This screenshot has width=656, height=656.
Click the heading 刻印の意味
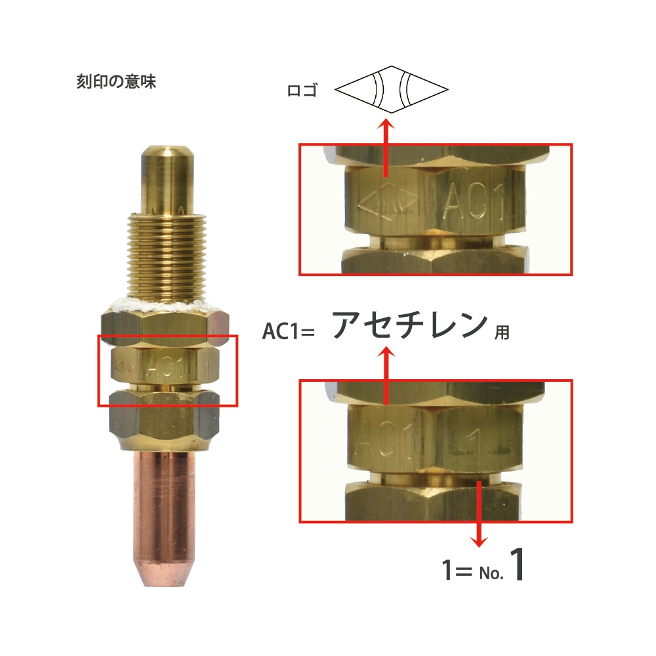(x=116, y=81)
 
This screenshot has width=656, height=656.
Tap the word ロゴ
(x=302, y=90)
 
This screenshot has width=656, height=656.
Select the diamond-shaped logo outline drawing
(x=391, y=89)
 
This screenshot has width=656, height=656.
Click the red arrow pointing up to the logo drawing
(x=386, y=148)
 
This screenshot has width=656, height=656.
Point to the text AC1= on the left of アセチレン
(x=288, y=331)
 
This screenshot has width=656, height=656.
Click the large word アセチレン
(x=410, y=325)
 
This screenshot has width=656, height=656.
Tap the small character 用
(x=502, y=333)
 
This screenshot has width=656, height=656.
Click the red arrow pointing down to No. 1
(x=480, y=514)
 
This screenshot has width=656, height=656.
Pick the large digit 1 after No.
(x=517, y=564)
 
